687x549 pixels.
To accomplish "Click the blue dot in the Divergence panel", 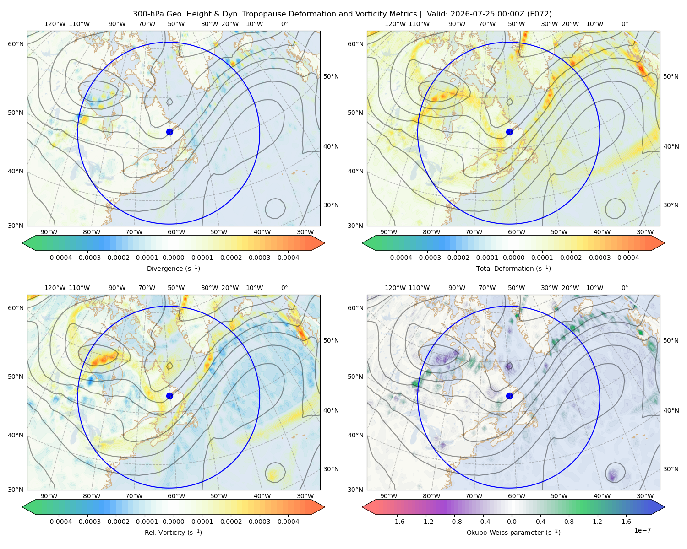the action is point(169,132).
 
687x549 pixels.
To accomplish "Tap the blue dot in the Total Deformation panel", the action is point(509,132).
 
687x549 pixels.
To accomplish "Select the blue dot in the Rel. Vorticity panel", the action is point(169,396).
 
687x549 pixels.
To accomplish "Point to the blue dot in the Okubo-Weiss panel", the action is point(509,396).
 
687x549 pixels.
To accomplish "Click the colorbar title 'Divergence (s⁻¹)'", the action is point(173,268).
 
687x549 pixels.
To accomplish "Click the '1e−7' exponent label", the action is point(642,530).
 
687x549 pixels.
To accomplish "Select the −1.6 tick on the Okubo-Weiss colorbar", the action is point(397,522).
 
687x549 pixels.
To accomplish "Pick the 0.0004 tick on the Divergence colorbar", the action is point(288,258).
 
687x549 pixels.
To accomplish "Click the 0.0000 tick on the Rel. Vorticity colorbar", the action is point(173,522).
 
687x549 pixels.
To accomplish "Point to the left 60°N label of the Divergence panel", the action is point(16,44).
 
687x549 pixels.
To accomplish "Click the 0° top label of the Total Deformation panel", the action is point(624,24).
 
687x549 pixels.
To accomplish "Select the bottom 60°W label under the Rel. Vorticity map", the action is point(176,496).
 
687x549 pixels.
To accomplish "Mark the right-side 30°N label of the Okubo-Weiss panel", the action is point(671,469).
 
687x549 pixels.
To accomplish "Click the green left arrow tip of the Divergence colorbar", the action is point(22,243).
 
